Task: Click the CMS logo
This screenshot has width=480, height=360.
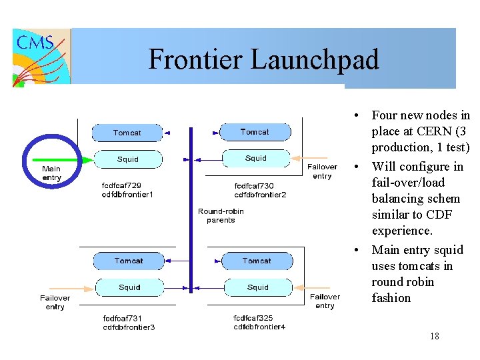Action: coord(41,57)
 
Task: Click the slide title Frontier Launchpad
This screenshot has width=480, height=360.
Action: coord(263,59)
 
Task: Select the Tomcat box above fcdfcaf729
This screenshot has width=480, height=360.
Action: coord(127,133)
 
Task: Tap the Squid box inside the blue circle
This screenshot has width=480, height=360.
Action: coord(127,159)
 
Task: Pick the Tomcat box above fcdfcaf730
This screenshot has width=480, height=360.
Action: coord(255,132)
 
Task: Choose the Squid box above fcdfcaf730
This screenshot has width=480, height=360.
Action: coord(255,158)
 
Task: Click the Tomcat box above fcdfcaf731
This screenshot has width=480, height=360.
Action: coord(128,261)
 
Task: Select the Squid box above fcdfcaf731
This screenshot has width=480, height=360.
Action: coord(129,287)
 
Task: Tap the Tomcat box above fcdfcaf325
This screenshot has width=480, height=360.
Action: coord(257,261)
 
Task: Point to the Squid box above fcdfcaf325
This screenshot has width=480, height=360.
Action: coord(257,287)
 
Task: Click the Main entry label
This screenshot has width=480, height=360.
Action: coord(51,173)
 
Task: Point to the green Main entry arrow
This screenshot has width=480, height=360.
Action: coord(67,159)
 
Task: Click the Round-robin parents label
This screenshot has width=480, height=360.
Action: coord(221,215)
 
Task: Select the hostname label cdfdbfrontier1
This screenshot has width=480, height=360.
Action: coord(127,195)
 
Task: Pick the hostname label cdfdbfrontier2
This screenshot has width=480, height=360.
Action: coord(260,195)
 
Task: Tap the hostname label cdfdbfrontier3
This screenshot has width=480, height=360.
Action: coord(129,327)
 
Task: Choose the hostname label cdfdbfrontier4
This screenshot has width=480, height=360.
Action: coord(259,327)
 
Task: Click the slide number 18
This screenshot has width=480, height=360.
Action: coord(435,336)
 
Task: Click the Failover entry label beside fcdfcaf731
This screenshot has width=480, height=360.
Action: coord(55,302)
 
